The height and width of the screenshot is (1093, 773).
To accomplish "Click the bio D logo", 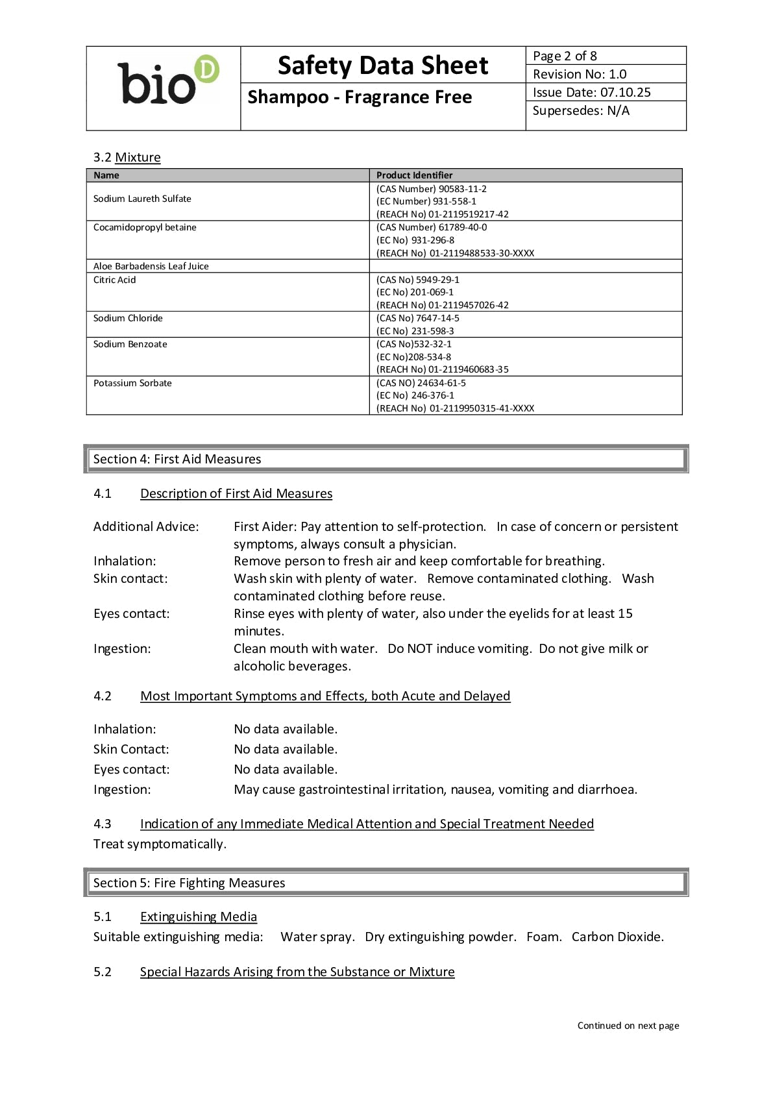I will (167, 80).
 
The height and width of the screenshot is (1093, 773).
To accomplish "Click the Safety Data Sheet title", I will (383, 66).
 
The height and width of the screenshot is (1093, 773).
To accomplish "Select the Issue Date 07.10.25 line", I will (591, 92).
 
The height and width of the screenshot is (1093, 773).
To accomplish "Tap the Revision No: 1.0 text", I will (580, 74).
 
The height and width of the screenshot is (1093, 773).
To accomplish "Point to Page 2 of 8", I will (565, 56).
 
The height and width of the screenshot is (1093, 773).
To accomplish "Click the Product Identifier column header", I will (414, 175).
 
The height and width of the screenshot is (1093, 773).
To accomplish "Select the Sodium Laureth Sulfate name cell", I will (142, 199).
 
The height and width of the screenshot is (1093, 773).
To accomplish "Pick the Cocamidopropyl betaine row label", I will (145, 227).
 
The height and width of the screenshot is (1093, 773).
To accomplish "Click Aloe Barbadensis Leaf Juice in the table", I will (151, 266).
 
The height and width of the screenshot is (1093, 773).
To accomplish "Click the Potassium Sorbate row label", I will (132, 383).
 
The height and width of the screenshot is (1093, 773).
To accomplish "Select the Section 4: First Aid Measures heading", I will (177, 459).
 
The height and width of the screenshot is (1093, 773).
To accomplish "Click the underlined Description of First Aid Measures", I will (236, 493).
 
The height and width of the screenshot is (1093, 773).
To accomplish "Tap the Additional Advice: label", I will (146, 526).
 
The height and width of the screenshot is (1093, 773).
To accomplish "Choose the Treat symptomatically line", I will (160, 844).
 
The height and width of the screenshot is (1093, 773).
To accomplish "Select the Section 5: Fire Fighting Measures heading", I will (189, 883).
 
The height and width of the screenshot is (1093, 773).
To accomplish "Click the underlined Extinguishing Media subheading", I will (199, 916).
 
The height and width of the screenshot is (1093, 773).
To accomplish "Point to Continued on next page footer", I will (628, 1025).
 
